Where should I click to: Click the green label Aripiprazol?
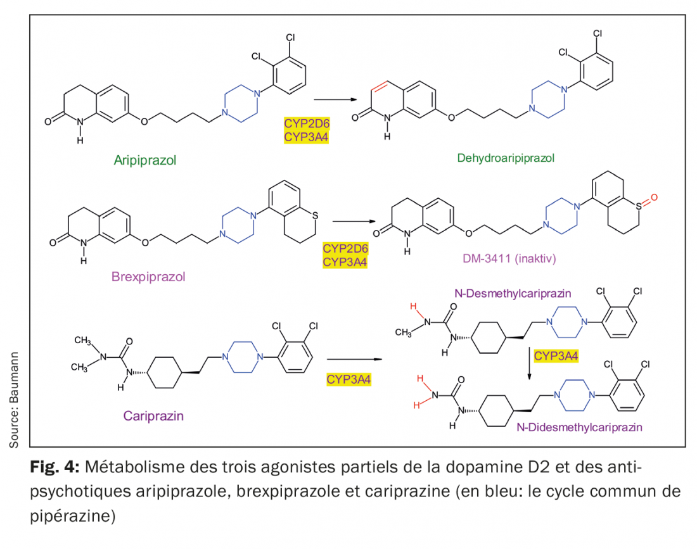tap(145, 160)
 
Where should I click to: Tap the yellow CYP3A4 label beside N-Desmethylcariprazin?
tap(556, 355)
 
